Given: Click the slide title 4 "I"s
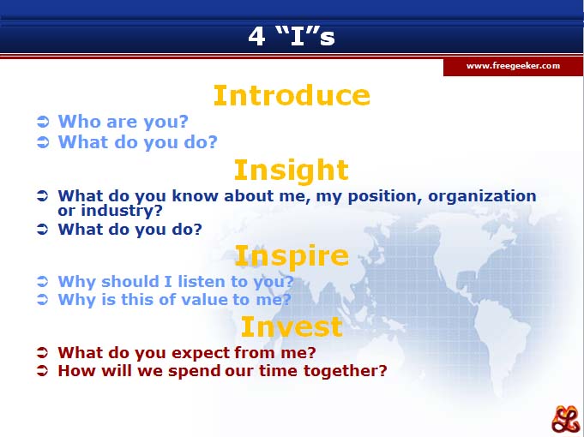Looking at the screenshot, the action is click(x=292, y=36).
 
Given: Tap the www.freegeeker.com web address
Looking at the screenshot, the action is click(x=513, y=66).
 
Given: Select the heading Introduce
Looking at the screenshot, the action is click(x=292, y=95).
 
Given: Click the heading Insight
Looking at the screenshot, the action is click(x=292, y=171).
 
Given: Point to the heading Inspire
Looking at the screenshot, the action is click(x=292, y=256).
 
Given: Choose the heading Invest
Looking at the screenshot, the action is click(x=292, y=326).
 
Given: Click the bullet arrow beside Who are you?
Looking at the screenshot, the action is click(x=43, y=122).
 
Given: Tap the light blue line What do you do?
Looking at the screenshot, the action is click(x=137, y=142).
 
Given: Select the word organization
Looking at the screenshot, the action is click(x=482, y=196).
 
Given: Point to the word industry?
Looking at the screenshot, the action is click(x=122, y=211).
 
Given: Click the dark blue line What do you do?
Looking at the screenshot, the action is click(x=130, y=230).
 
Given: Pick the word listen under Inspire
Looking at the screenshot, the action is click(x=202, y=281).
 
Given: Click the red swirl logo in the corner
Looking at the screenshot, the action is click(x=565, y=419).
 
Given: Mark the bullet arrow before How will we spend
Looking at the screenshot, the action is click(x=43, y=371).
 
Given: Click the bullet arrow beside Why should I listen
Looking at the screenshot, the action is click(x=43, y=281).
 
